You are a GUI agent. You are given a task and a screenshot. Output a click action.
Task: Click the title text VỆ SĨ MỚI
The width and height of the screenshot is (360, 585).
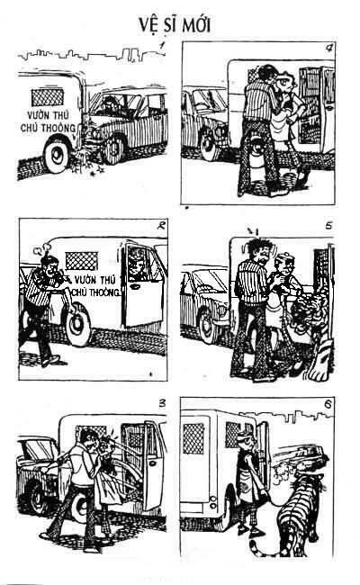coord(175,26)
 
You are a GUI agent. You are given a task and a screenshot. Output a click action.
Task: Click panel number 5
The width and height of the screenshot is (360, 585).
coord(328,226)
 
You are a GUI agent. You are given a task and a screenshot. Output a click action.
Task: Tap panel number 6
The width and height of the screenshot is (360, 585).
coord(328,404)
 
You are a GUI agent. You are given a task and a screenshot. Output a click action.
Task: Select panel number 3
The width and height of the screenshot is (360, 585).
coord(162,403)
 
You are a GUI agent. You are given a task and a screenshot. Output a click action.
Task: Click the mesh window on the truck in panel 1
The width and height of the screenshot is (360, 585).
coord(48,97)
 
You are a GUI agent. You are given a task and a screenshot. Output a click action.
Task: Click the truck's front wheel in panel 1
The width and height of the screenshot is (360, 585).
coord(57,156)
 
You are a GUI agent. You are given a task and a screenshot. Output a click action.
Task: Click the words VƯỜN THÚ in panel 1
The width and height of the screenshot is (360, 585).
coord(48,115)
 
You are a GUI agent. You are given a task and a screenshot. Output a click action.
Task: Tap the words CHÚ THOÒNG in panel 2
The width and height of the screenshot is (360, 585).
coord(96,292)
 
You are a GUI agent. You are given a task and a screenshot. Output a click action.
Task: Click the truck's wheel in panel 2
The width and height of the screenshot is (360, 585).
coord(77,325)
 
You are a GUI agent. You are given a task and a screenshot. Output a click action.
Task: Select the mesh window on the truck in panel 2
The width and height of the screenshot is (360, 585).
coord(82,260)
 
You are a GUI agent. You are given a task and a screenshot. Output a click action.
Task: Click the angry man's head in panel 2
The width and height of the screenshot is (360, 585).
coord(49,265)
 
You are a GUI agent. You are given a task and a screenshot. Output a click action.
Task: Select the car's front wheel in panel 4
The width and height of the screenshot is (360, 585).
coord(209,145)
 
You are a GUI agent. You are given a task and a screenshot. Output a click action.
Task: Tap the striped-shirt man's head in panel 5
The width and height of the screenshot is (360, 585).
coord(257,251)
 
